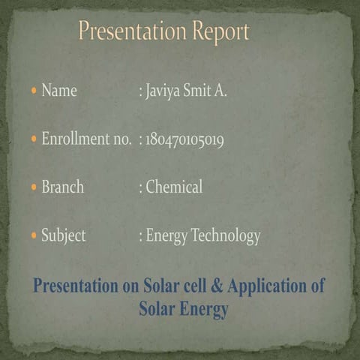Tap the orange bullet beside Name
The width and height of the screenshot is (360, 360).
(34, 91)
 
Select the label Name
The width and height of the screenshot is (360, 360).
(59, 91)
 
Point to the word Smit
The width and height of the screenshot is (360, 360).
(199, 91)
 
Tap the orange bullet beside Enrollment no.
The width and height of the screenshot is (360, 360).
(34, 139)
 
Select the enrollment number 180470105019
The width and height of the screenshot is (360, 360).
(184, 139)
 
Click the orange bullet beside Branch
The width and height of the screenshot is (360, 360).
(34, 187)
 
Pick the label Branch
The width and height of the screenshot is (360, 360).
(63, 187)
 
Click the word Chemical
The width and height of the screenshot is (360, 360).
(174, 187)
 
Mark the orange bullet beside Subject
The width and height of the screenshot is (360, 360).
(34, 236)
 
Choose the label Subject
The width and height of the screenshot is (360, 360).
(64, 236)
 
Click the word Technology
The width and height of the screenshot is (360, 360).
(226, 236)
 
